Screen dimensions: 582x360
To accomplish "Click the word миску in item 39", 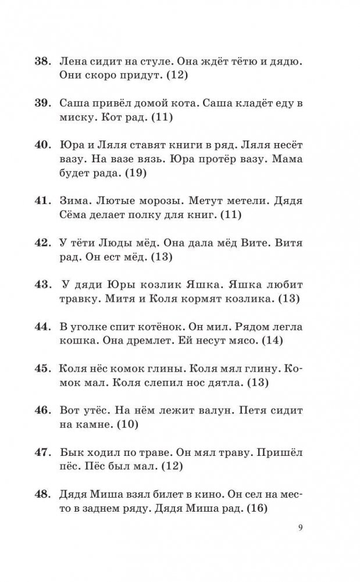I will (76, 117).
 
